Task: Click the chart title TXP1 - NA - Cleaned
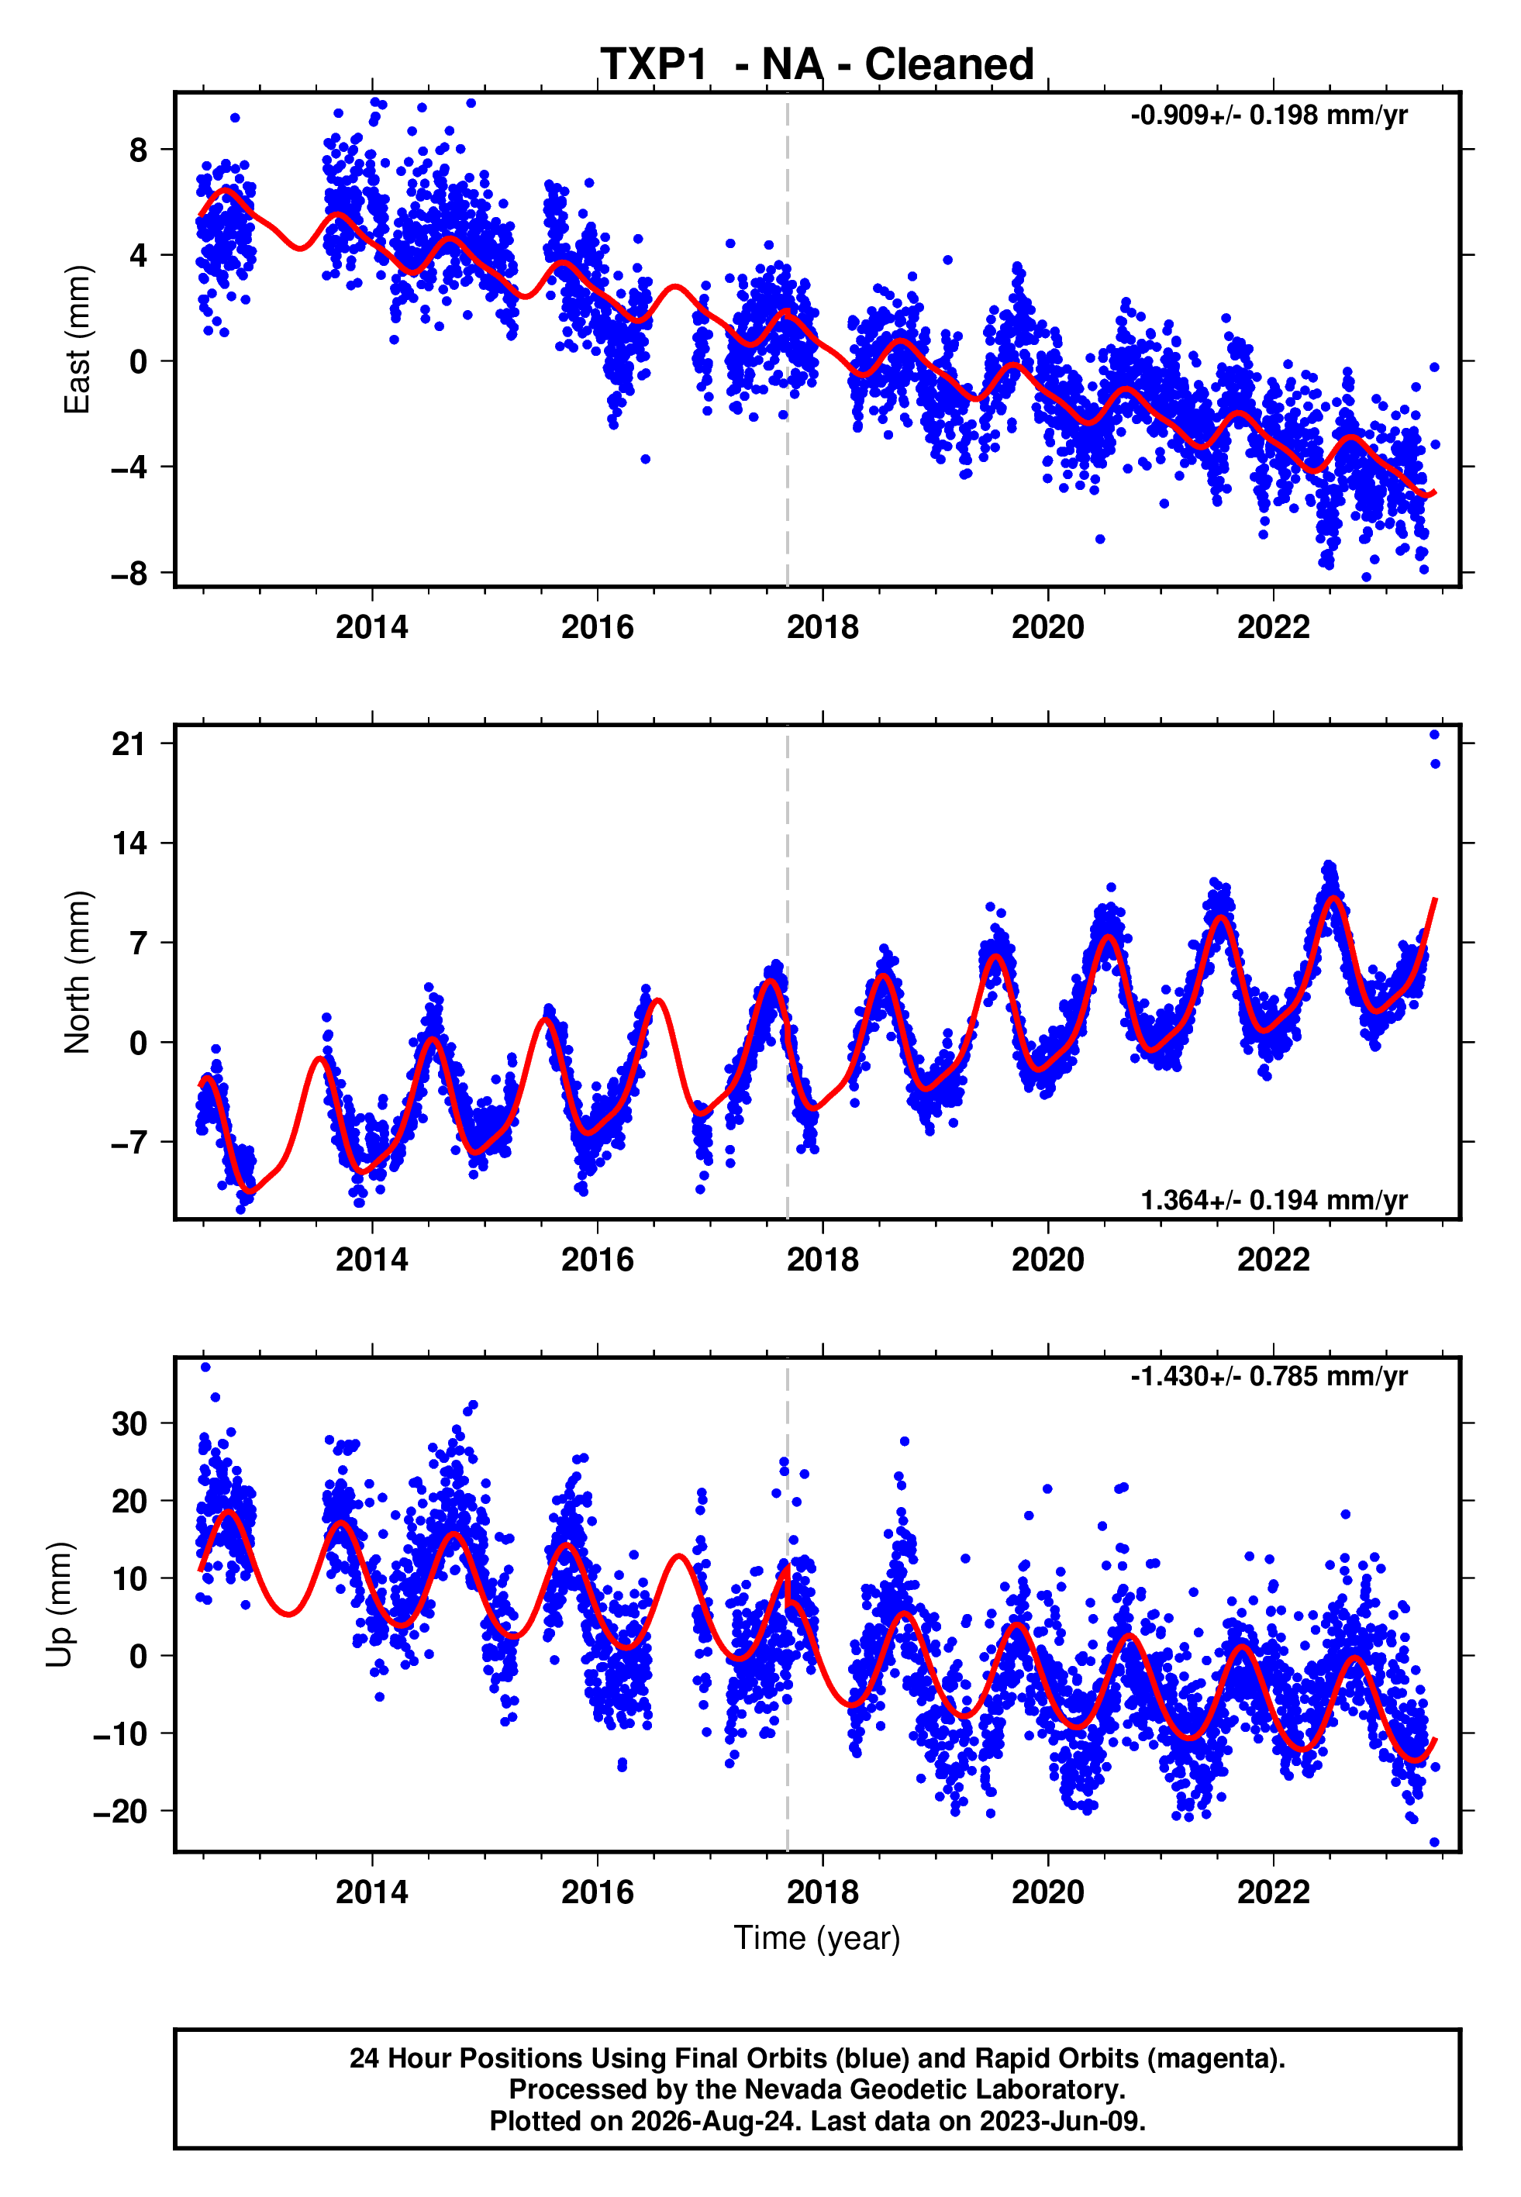point(817,65)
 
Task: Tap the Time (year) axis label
point(817,1939)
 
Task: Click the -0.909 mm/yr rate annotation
point(1268,116)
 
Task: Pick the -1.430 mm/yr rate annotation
point(1268,1376)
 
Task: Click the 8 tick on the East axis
point(139,150)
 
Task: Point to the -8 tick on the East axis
point(129,574)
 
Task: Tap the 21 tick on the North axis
point(129,744)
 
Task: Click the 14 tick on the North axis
point(129,843)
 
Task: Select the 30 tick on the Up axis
point(129,1423)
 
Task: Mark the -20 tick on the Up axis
point(120,1811)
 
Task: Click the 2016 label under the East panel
point(598,628)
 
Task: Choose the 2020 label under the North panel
point(1048,1261)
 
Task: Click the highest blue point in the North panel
point(1434,735)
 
